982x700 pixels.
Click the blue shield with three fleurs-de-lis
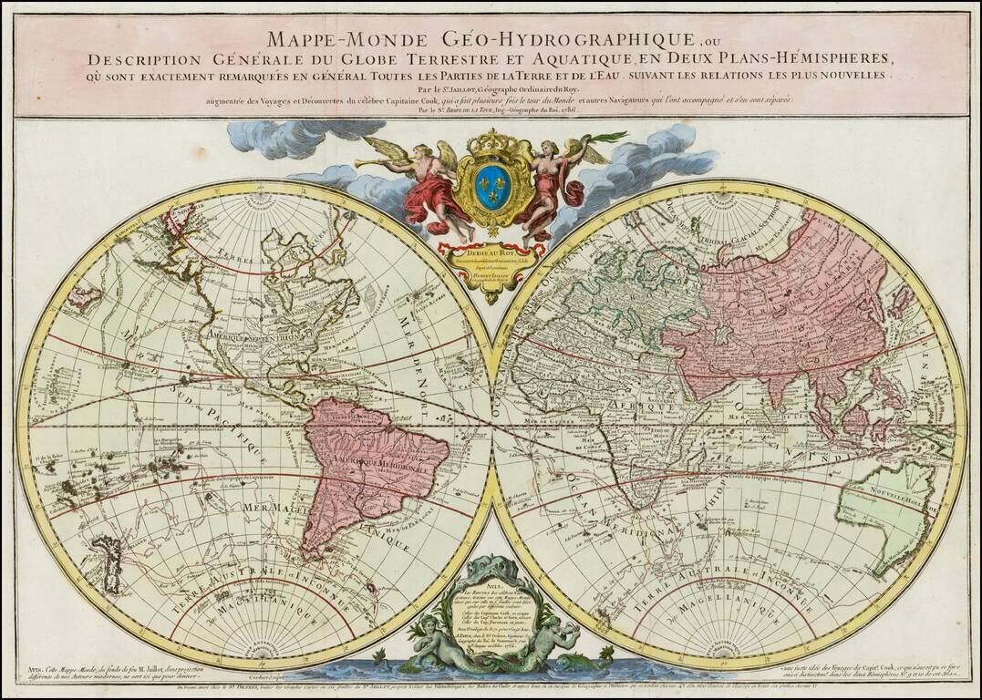click(x=491, y=189)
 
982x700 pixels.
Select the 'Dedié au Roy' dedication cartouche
click(x=491, y=259)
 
